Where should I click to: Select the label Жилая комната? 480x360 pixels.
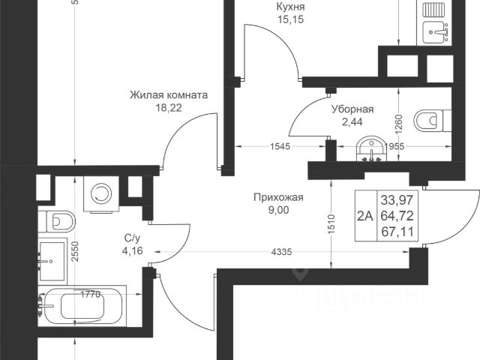click(168, 95)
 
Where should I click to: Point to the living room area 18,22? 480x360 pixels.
click(168, 108)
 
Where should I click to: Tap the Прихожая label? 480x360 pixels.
click(277, 197)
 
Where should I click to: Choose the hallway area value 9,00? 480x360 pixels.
click(277, 210)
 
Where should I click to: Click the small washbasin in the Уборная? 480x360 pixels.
click(370, 148)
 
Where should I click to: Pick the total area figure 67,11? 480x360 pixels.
click(397, 231)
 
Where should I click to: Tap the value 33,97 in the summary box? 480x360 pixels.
click(397, 200)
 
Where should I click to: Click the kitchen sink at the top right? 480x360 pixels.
click(434, 31)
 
